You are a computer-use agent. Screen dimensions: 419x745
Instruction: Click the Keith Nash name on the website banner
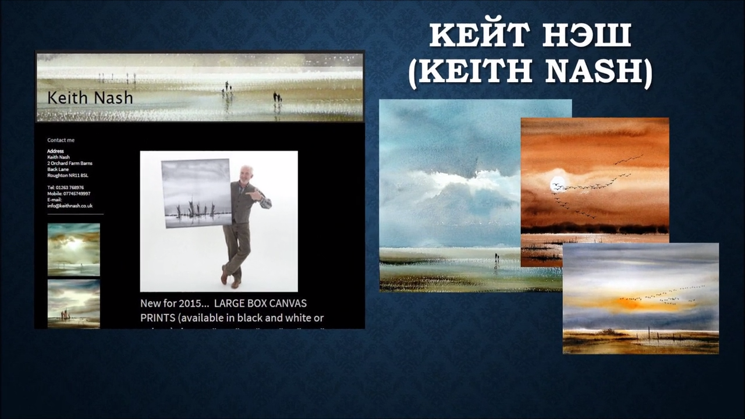pos(90,97)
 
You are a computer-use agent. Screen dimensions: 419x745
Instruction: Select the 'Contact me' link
pos(61,140)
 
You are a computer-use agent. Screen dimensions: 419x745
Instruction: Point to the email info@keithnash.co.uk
pos(70,205)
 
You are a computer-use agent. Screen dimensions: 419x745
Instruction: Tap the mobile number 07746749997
pos(76,193)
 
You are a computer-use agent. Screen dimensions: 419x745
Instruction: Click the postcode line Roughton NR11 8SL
pos(68,175)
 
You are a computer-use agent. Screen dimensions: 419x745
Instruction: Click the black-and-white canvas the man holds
pos(197,192)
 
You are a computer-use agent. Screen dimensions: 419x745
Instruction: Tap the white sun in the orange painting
pos(558,183)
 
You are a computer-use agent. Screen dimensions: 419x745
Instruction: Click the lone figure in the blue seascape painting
pos(496,257)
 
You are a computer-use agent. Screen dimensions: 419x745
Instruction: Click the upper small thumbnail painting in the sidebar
pos(73,250)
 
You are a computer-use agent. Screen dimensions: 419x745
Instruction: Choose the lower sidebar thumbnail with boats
pos(73,304)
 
